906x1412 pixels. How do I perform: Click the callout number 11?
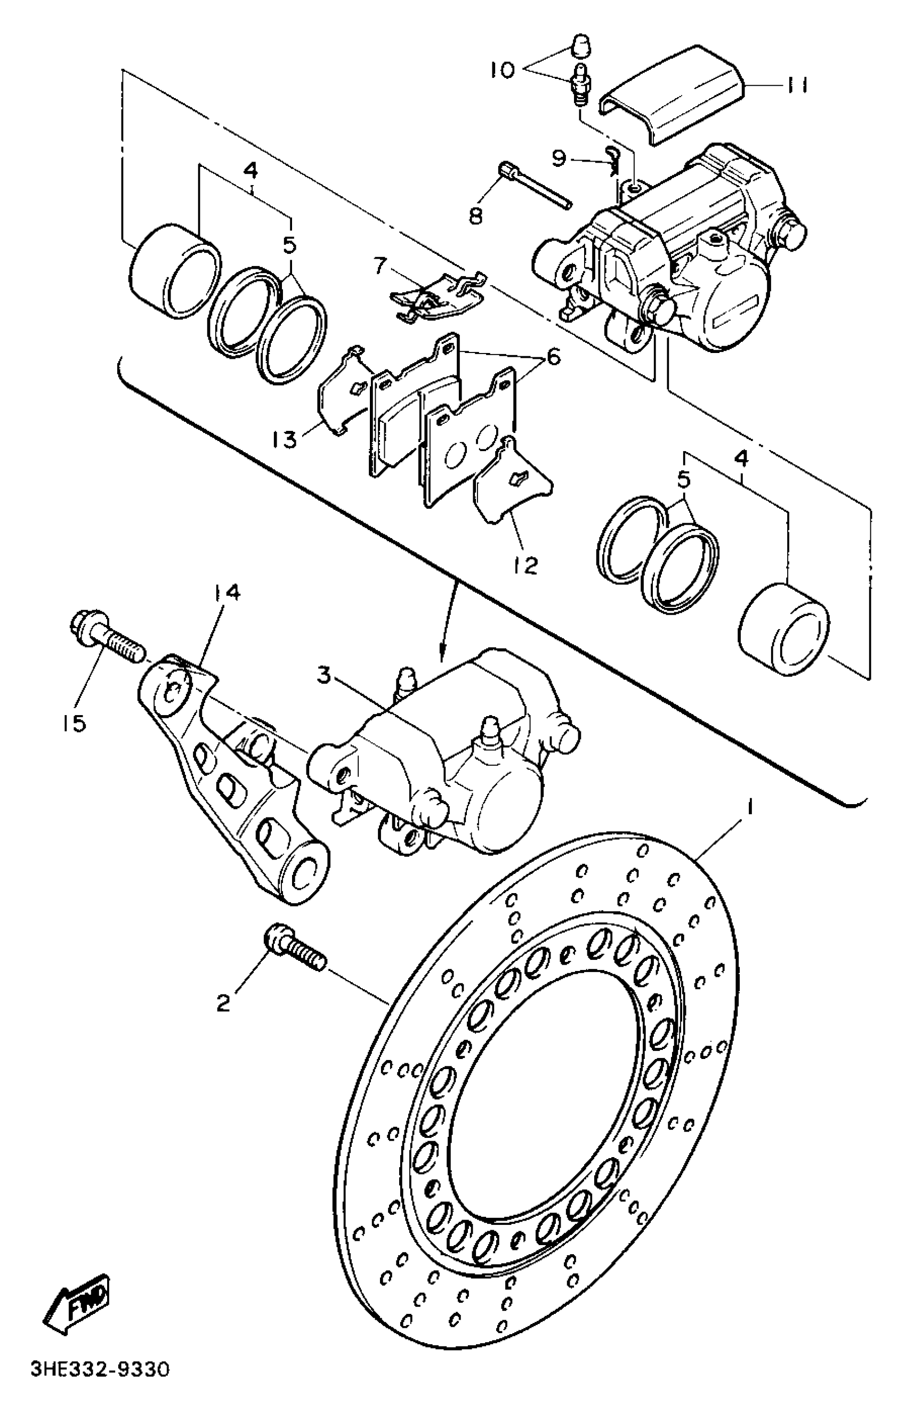point(795,85)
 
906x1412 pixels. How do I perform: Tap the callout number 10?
point(502,70)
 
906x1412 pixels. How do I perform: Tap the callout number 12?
point(525,565)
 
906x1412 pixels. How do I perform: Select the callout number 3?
point(325,676)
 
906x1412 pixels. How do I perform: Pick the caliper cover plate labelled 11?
point(676,94)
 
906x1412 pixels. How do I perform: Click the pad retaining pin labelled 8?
point(536,187)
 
